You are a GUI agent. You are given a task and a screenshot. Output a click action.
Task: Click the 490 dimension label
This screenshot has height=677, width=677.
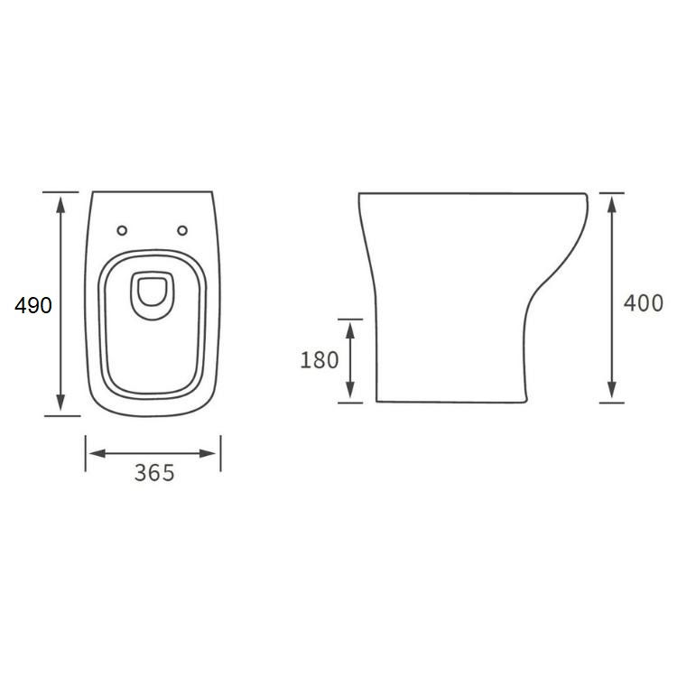(33, 305)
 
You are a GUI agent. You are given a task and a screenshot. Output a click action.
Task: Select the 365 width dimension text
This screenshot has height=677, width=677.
(154, 473)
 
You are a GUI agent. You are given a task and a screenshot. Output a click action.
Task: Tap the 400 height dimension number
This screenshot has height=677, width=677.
(644, 302)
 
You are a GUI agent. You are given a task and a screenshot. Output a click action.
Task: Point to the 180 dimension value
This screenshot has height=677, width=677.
(319, 360)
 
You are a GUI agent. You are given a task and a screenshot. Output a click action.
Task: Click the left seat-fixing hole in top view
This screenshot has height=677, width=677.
(122, 230)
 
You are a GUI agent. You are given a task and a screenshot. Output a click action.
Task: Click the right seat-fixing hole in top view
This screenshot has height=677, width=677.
(182, 230)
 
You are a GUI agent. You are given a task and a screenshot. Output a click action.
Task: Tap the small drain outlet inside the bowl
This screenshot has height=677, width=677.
(152, 295)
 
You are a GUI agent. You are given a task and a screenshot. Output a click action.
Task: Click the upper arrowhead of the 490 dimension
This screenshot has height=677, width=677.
(60, 204)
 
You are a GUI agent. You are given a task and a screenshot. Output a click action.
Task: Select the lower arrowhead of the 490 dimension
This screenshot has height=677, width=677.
(60, 402)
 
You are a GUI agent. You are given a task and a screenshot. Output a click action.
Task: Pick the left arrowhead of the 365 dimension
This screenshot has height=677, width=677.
(97, 453)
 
